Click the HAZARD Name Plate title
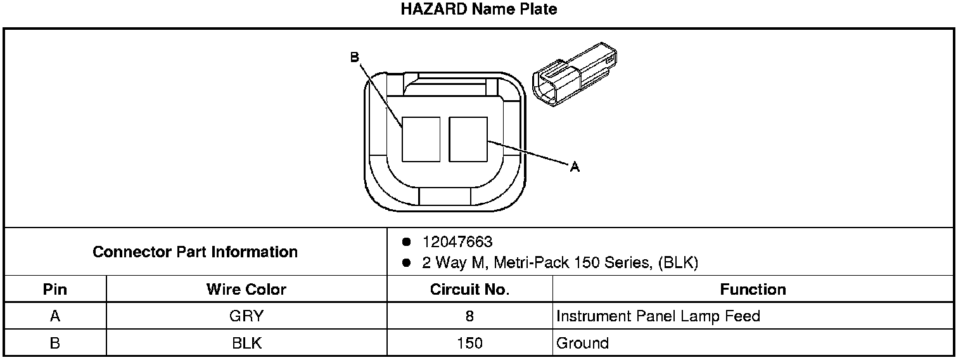point(479,9)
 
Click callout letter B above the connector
point(355,57)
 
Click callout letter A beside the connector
point(575,167)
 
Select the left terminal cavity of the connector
point(421,139)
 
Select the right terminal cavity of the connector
point(468,139)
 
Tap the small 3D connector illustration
point(575,74)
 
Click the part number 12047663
point(457,242)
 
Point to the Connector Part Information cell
point(195,252)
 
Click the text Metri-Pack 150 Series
point(571,262)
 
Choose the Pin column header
point(55,290)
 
